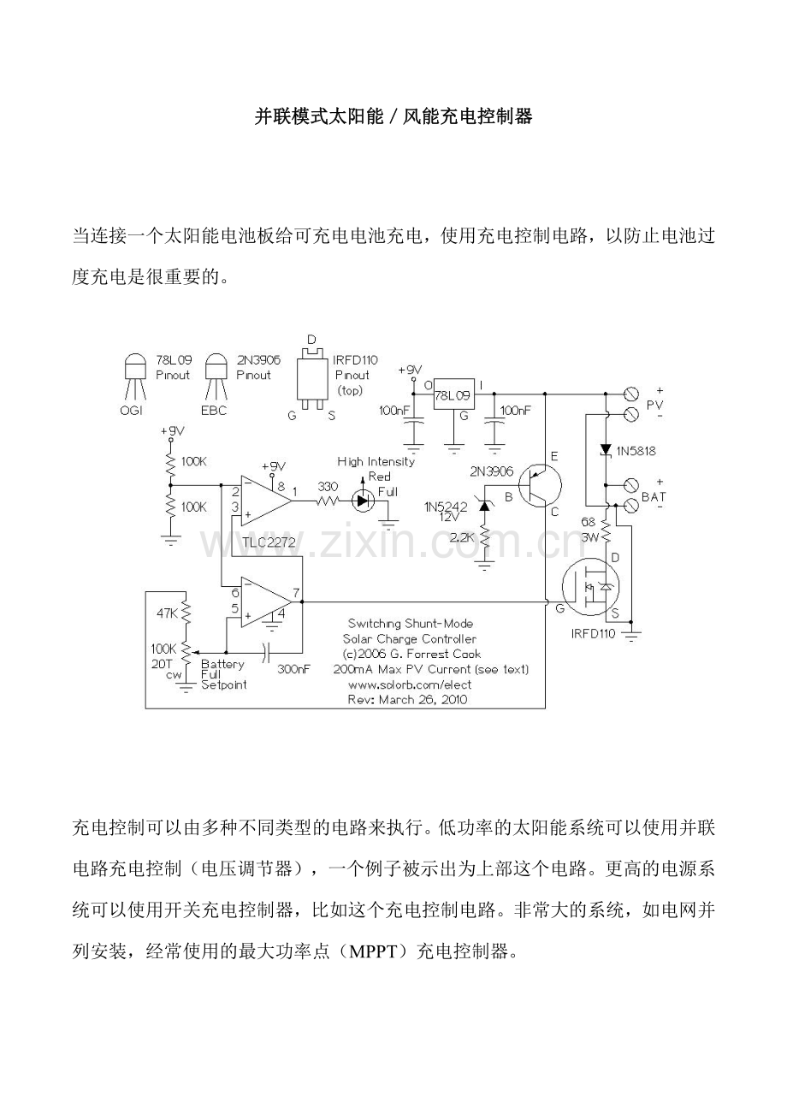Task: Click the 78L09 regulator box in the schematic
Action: (453, 396)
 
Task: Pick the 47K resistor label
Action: (168, 613)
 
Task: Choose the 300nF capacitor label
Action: (293, 669)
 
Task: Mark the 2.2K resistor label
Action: (461, 537)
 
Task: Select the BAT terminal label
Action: (654, 495)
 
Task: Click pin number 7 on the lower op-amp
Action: (295, 592)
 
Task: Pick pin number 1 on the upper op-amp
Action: (295, 492)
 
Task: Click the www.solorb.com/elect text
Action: (410, 684)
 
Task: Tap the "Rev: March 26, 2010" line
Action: (408, 699)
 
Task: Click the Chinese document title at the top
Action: (393, 116)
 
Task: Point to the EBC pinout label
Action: (214, 410)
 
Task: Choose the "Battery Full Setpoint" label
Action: (223, 674)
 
